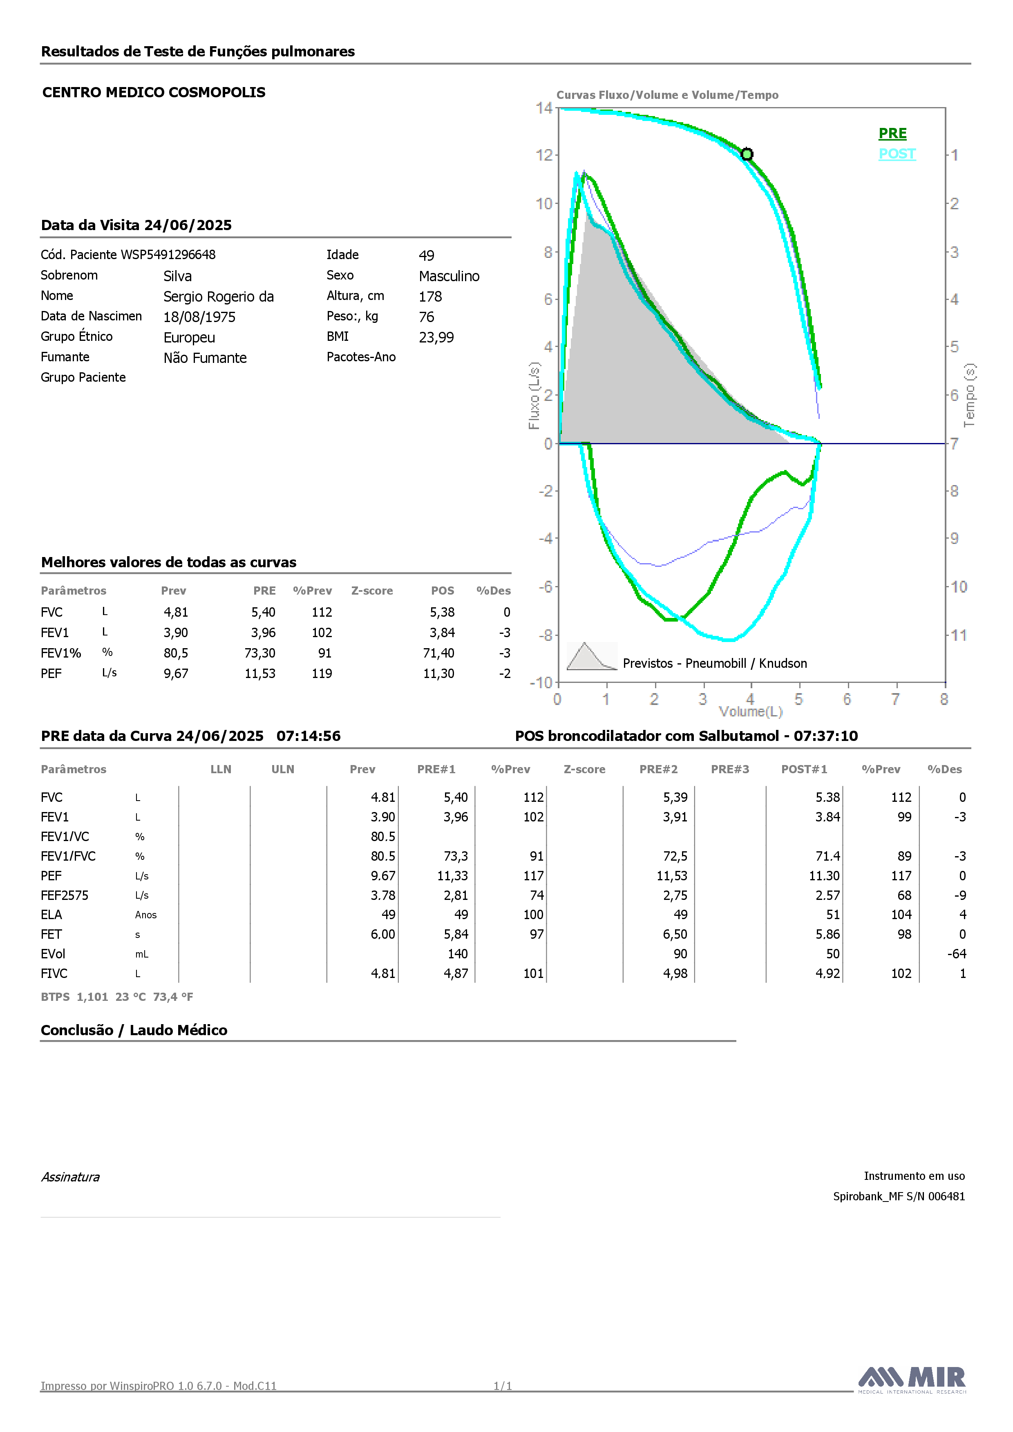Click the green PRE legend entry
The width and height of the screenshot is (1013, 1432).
tap(892, 134)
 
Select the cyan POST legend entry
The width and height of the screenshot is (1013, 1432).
tap(897, 154)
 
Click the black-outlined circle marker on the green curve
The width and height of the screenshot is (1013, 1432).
tap(747, 154)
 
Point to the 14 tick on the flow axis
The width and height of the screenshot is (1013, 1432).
tap(544, 108)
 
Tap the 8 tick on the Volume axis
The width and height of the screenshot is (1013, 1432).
tap(944, 699)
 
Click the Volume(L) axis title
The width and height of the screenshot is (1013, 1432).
tap(750, 712)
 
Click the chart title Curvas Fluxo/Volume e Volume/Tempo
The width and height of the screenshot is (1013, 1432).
tap(667, 95)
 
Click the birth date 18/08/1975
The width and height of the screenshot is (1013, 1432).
tap(199, 317)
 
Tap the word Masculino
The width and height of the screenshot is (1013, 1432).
tap(449, 276)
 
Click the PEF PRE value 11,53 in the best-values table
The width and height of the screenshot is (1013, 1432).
tap(260, 673)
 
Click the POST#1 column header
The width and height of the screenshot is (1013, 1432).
tap(804, 769)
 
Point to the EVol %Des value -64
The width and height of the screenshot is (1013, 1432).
tap(957, 954)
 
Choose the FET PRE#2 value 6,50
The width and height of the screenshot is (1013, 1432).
tap(675, 934)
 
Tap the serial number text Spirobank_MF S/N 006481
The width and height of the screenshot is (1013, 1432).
tap(899, 1196)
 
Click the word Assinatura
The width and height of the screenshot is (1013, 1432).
tap(70, 1177)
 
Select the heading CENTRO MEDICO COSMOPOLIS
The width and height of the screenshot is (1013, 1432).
tap(154, 92)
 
